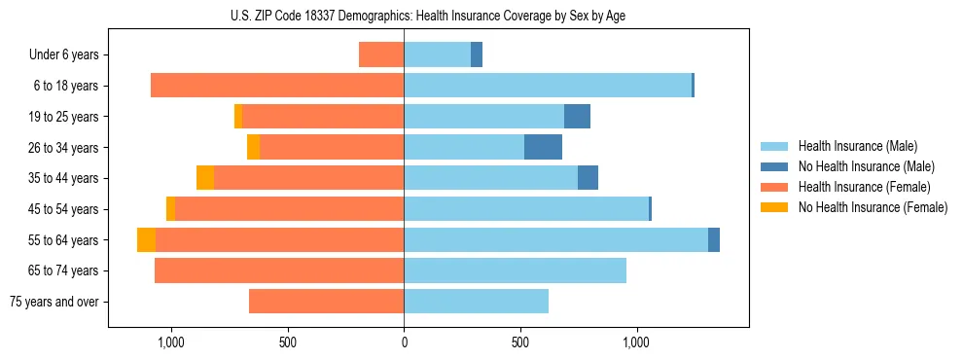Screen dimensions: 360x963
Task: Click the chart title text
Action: click(x=428, y=16)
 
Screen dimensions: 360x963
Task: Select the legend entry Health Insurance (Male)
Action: click(x=852, y=147)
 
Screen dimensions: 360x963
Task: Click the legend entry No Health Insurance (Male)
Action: click(x=861, y=167)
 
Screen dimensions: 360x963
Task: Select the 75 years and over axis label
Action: click(x=54, y=302)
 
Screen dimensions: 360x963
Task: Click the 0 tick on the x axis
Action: click(x=404, y=343)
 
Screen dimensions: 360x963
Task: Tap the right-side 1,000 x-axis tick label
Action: click(x=637, y=343)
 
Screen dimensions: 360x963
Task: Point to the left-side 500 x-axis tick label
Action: click(x=287, y=343)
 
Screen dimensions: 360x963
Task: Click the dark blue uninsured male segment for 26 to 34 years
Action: click(x=543, y=148)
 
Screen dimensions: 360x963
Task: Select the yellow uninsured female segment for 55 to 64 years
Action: click(x=146, y=240)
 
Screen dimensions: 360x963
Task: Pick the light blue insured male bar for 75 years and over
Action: click(x=476, y=302)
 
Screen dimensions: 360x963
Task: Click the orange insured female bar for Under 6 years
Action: click(x=381, y=55)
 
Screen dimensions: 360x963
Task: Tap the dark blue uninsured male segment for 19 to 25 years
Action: click(x=577, y=117)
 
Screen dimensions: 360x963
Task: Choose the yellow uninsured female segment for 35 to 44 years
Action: click(x=205, y=178)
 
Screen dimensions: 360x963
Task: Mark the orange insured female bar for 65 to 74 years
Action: click(x=279, y=270)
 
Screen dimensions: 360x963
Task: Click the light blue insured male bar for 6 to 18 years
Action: click(x=548, y=86)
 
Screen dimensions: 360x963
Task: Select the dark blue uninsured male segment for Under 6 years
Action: click(x=477, y=55)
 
